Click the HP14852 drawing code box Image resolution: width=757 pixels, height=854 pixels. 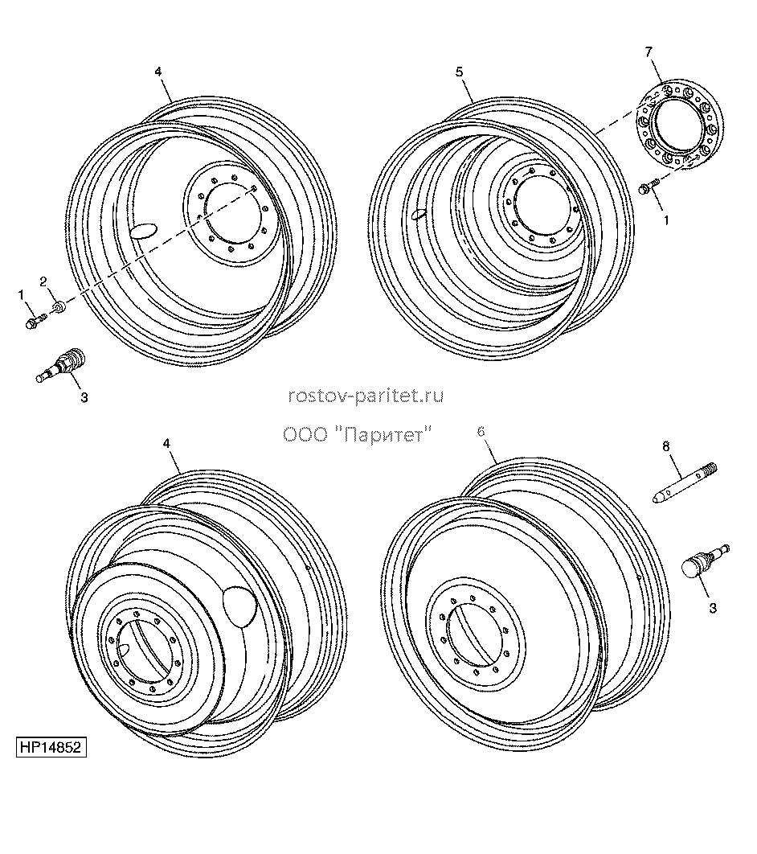(x=51, y=747)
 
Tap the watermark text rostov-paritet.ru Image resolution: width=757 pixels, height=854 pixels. (x=366, y=396)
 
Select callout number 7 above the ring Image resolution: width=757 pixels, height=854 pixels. (x=649, y=52)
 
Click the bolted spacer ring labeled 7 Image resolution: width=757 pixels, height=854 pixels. (x=679, y=125)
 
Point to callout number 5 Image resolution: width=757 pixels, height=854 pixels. (x=460, y=72)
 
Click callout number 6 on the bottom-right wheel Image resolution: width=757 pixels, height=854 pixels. (x=481, y=431)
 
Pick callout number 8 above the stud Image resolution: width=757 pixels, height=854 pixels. (x=666, y=446)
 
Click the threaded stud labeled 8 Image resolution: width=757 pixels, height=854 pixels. (x=685, y=482)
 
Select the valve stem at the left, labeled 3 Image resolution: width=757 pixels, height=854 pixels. (x=60, y=363)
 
